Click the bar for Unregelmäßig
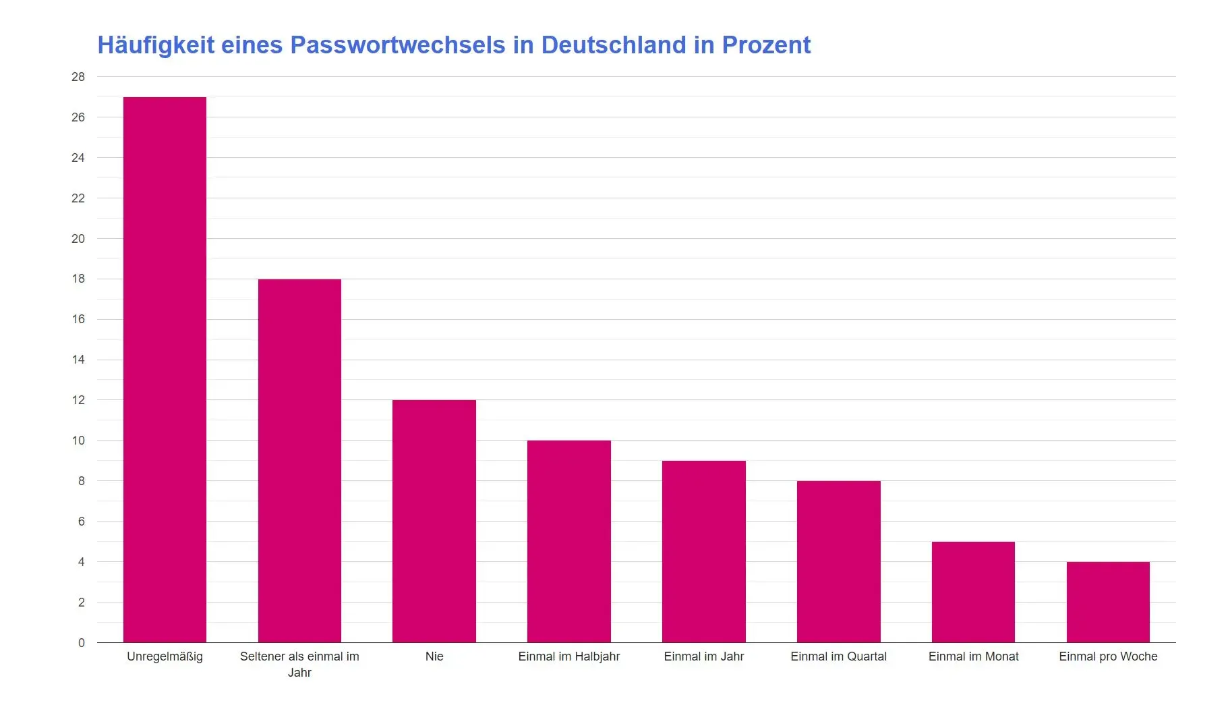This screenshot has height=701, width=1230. click(x=165, y=370)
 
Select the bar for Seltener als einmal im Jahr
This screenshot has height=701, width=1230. click(x=299, y=460)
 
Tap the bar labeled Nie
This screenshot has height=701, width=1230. click(x=434, y=521)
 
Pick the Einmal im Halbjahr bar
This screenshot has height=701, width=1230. click(x=568, y=541)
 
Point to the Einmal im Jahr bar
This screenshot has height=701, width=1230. click(x=703, y=551)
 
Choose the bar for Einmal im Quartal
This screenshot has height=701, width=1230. click(x=838, y=561)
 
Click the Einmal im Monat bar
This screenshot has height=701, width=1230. click(x=973, y=592)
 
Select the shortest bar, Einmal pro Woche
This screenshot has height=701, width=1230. click(x=1108, y=602)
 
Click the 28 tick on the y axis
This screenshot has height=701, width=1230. click(x=78, y=77)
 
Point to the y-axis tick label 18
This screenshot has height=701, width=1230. click(x=78, y=279)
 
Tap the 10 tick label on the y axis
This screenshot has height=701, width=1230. click(x=78, y=441)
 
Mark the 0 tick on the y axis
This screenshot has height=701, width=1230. click(x=81, y=643)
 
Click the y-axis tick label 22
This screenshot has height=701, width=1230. click(x=78, y=198)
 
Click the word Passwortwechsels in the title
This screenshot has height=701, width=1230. click(x=397, y=45)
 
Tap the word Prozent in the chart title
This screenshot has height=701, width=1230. click(x=766, y=45)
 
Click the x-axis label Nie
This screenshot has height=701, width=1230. click(x=434, y=656)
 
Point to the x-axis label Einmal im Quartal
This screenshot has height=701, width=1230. click(x=838, y=656)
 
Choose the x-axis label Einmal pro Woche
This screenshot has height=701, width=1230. click(x=1108, y=656)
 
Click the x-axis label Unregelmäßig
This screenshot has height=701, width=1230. click(x=165, y=656)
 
